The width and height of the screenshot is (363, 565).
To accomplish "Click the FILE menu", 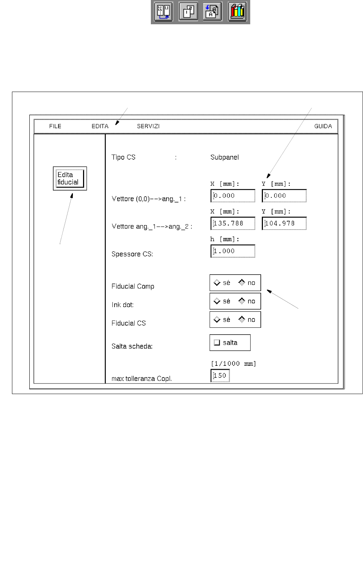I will pyautogui.click(x=55, y=126).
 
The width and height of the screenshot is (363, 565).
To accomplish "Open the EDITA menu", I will pyautogui.click(x=100, y=126).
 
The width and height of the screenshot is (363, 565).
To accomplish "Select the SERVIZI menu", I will pyautogui.click(x=148, y=126).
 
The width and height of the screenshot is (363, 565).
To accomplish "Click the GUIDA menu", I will pyautogui.click(x=323, y=126).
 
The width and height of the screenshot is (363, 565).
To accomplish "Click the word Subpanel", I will pyautogui.click(x=224, y=157).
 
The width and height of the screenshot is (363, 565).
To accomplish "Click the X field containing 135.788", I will pyautogui.click(x=233, y=223).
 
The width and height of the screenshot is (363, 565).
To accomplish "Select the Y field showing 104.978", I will pyautogui.click(x=284, y=223).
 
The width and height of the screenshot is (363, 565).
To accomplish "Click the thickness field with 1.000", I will pyautogui.click(x=233, y=251).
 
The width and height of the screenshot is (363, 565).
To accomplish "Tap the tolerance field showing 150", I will pyautogui.click(x=220, y=376).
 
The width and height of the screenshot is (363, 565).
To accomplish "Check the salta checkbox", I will pyautogui.click(x=217, y=343).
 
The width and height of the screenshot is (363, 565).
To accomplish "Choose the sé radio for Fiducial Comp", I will pyautogui.click(x=217, y=282).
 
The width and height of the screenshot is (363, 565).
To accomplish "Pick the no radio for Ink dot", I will pyautogui.click(x=242, y=301).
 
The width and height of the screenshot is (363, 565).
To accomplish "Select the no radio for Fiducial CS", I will pyautogui.click(x=242, y=319).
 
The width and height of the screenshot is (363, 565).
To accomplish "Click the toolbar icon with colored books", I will pyautogui.click(x=237, y=12).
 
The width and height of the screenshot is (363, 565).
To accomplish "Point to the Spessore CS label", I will pyautogui.click(x=132, y=254).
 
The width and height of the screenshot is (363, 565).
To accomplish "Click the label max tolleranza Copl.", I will pyautogui.click(x=141, y=378).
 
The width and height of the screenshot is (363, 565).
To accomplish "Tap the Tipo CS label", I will pyautogui.click(x=123, y=157).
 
